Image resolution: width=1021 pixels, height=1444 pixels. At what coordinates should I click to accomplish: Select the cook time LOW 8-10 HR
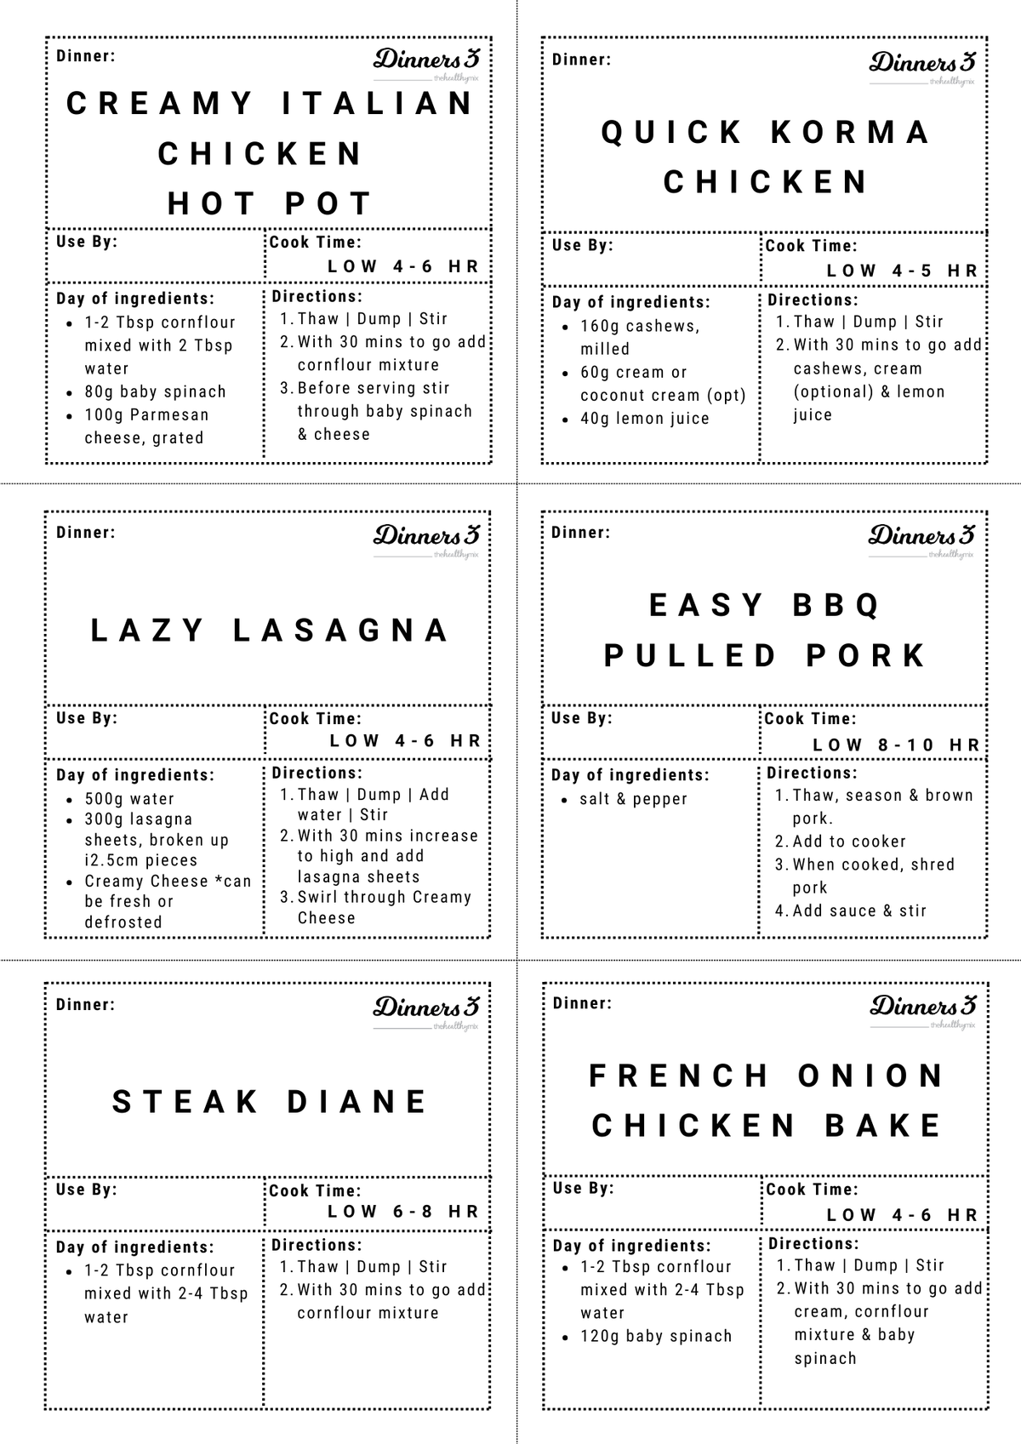(897, 745)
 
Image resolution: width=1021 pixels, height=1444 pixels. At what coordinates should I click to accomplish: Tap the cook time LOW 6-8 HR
(404, 1211)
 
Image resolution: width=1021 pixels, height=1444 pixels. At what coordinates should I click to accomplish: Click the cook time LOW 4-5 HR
(903, 271)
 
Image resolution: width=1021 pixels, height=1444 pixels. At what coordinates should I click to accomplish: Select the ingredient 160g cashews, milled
(640, 337)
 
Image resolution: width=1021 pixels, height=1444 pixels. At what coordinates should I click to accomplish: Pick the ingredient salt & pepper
(634, 799)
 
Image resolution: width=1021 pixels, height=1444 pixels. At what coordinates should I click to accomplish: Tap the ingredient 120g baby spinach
(656, 1336)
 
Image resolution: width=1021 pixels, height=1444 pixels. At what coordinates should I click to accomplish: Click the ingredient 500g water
(129, 799)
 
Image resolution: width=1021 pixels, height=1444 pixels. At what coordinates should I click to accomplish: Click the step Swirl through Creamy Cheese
(383, 907)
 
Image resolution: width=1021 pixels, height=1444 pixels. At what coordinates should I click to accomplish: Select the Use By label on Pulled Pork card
(582, 718)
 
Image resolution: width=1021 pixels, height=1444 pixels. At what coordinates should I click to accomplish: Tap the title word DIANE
(357, 1102)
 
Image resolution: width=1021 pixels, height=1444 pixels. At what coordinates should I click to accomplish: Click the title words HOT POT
(270, 204)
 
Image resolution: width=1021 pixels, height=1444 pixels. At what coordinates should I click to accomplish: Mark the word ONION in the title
(872, 1076)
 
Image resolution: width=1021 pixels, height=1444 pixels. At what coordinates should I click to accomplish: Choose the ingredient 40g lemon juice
(645, 419)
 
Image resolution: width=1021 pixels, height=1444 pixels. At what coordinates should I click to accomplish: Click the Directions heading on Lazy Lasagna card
(317, 773)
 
